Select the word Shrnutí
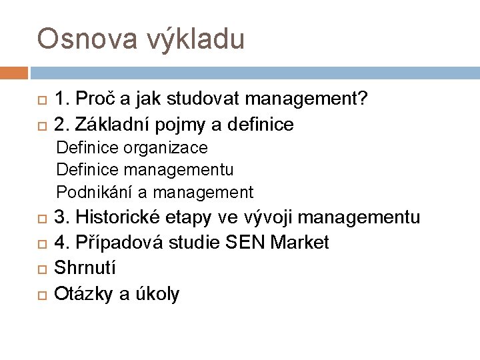(x=85, y=269)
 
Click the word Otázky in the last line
(x=85, y=294)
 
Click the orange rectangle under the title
(x=14, y=72)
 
